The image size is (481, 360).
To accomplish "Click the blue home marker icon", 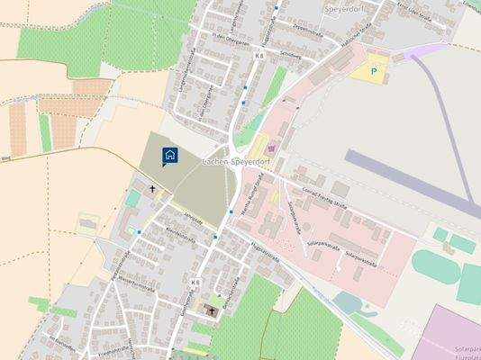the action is click(x=169, y=156).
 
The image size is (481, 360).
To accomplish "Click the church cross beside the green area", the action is click(x=152, y=189).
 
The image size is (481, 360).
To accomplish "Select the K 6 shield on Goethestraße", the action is click(x=195, y=283).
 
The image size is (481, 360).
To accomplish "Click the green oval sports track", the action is click(x=438, y=266).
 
